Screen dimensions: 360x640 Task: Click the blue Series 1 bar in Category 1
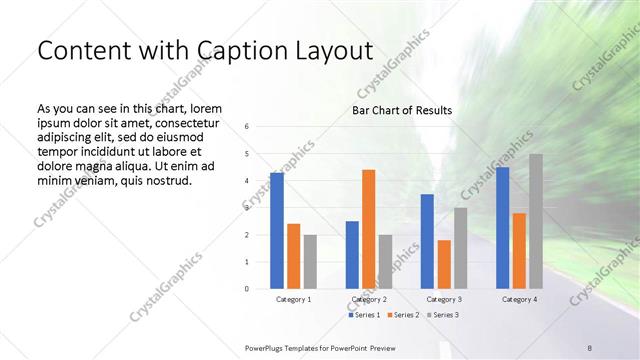[x=277, y=231]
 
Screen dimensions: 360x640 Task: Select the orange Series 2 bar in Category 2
[x=368, y=229]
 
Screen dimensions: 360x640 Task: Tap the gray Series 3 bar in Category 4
[x=536, y=221]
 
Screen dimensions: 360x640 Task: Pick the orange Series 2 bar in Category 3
[x=444, y=264]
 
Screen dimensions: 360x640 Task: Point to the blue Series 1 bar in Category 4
[x=502, y=228]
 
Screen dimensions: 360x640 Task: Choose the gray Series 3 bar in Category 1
[x=310, y=262]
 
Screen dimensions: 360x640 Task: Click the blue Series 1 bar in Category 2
[x=352, y=255]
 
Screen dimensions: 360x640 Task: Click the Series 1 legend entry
[x=365, y=315]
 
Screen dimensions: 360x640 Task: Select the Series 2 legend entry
[x=403, y=315]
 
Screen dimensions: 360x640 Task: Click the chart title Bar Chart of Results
[x=402, y=110]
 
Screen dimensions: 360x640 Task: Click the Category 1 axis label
[x=293, y=299]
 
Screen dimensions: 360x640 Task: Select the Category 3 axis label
[x=444, y=299]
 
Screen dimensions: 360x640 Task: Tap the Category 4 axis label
[x=519, y=299]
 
